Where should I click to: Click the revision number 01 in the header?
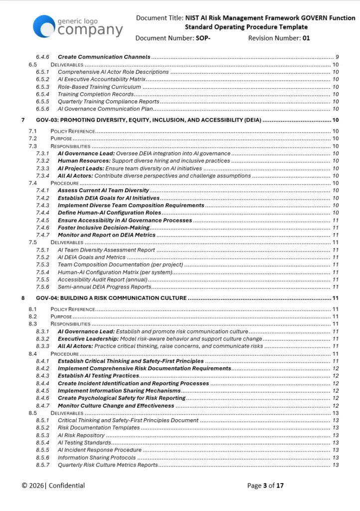tap(306, 38)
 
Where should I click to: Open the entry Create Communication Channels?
tap(104, 57)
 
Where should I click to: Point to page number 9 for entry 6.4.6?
tap(337, 57)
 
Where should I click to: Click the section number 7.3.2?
tap(42, 161)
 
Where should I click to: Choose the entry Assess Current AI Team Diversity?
tap(103, 191)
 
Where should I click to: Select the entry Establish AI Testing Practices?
tap(98, 376)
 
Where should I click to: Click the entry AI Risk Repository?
tap(81, 436)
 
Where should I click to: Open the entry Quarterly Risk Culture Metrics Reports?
tap(108, 465)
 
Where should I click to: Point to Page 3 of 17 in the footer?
tap(265, 486)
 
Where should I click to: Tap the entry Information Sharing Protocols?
tap(97, 458)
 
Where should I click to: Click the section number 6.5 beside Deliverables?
tap(33, 65)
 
